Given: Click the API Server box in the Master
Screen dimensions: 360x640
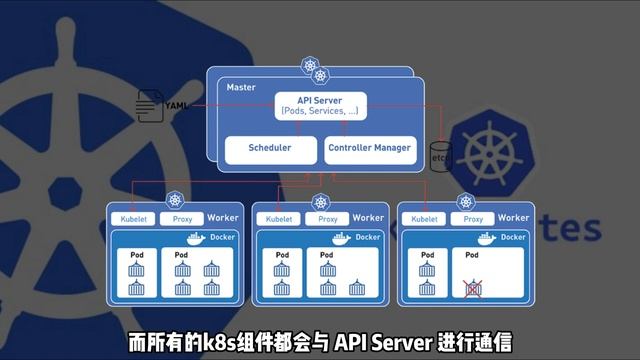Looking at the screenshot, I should point(321,105).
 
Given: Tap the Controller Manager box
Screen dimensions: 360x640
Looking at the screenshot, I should point(369,148).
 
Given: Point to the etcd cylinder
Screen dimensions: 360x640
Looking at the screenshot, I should point(437,158).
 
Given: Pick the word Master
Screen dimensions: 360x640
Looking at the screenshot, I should point(241,88).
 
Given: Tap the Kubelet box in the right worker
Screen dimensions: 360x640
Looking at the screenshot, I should point(425,218).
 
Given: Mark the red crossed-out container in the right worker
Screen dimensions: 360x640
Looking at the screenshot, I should point(474,289).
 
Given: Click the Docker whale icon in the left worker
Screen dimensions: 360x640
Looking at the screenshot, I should point(196,238).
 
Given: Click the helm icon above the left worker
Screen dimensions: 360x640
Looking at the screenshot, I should point(176,201).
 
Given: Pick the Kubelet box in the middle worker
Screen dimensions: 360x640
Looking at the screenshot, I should point(280,218).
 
